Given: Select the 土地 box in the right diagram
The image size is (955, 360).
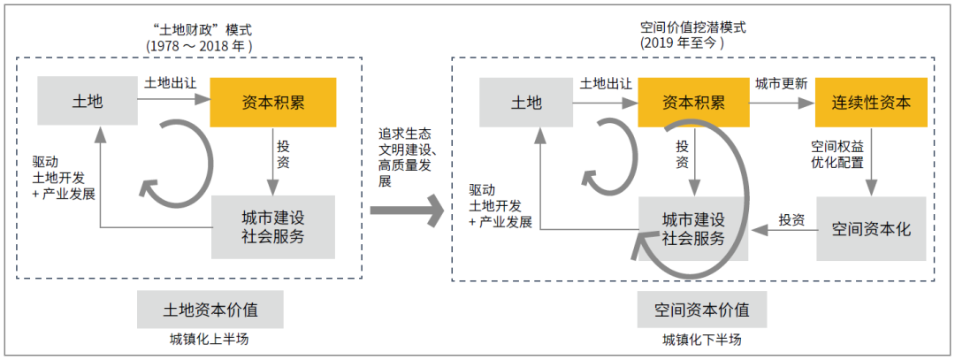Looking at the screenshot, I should click(527, 101).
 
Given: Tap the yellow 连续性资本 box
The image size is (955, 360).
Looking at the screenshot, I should click(870, 101).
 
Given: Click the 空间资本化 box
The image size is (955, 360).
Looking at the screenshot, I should click(870, 228).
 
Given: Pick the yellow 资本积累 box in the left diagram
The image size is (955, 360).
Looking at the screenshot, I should click(272, 101).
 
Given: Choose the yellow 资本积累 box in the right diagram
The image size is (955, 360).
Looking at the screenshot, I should click(693, 101).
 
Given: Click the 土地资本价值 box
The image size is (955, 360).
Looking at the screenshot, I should click(210, 310).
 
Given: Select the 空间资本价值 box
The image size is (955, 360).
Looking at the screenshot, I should click(702, 310).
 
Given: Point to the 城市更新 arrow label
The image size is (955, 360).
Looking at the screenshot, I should click(781, 84).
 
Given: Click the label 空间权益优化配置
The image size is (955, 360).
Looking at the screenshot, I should click(837, 152).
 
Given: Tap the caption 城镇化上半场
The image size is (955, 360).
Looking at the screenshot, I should click(210, 341).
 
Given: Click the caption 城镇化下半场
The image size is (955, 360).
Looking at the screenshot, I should click(702, 341).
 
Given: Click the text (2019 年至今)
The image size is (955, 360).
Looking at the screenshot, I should click(682, 42).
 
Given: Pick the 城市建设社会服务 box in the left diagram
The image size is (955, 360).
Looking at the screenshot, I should click(272, 226).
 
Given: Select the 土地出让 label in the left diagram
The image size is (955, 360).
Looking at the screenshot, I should click(171, 82).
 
